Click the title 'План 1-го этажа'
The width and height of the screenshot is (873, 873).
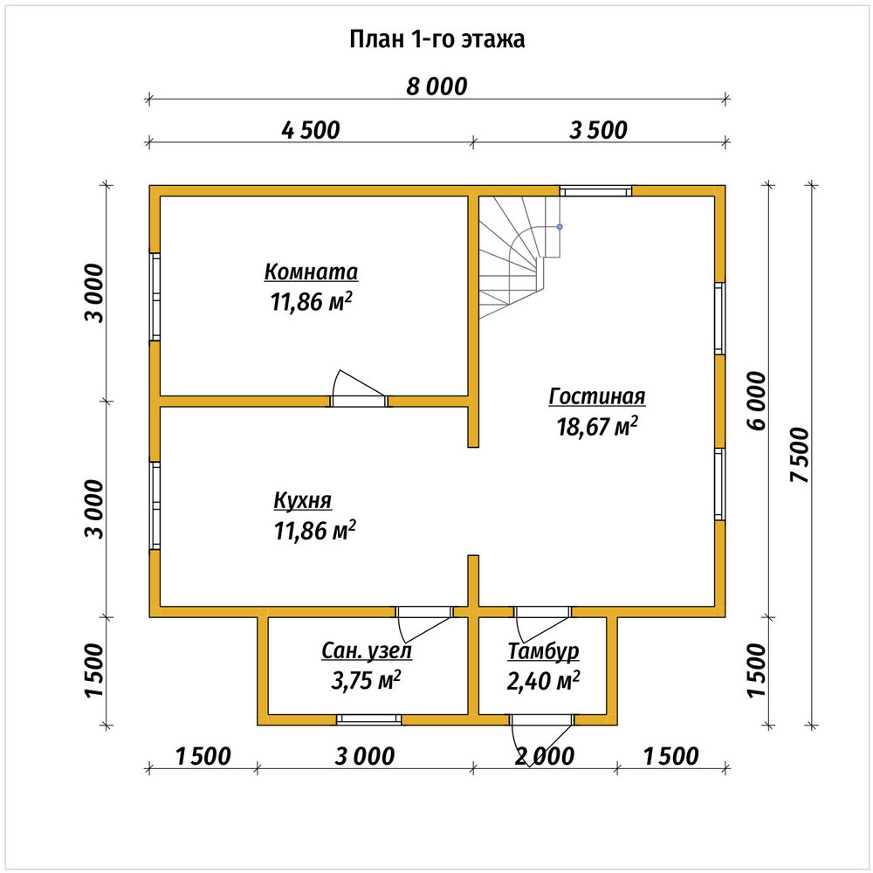coord(437,40)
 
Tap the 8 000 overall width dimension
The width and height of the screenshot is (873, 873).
coord(436,86)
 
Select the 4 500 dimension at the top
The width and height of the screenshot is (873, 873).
coord(310,130)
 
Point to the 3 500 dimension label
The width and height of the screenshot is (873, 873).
coord(599,130)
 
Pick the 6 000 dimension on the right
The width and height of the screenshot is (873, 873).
coord(757,401)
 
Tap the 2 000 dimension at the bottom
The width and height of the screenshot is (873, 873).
coord(545,757)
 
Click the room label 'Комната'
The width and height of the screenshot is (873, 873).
coord(311,272)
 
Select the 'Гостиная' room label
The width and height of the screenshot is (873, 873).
coord(597,396)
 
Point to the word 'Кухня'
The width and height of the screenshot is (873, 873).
coord(302,500)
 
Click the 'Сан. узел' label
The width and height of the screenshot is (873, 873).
coord(367,651)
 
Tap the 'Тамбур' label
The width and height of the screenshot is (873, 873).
coord(543,651)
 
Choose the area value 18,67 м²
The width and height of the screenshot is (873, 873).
coord(597,427)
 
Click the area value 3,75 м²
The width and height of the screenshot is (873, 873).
coord(367,680)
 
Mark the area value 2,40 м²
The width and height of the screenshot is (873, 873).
coord(543,680)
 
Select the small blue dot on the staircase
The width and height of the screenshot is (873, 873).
coord(560,227)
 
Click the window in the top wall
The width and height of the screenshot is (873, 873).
coord(595,191)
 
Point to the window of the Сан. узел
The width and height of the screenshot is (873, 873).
coord(368,719)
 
